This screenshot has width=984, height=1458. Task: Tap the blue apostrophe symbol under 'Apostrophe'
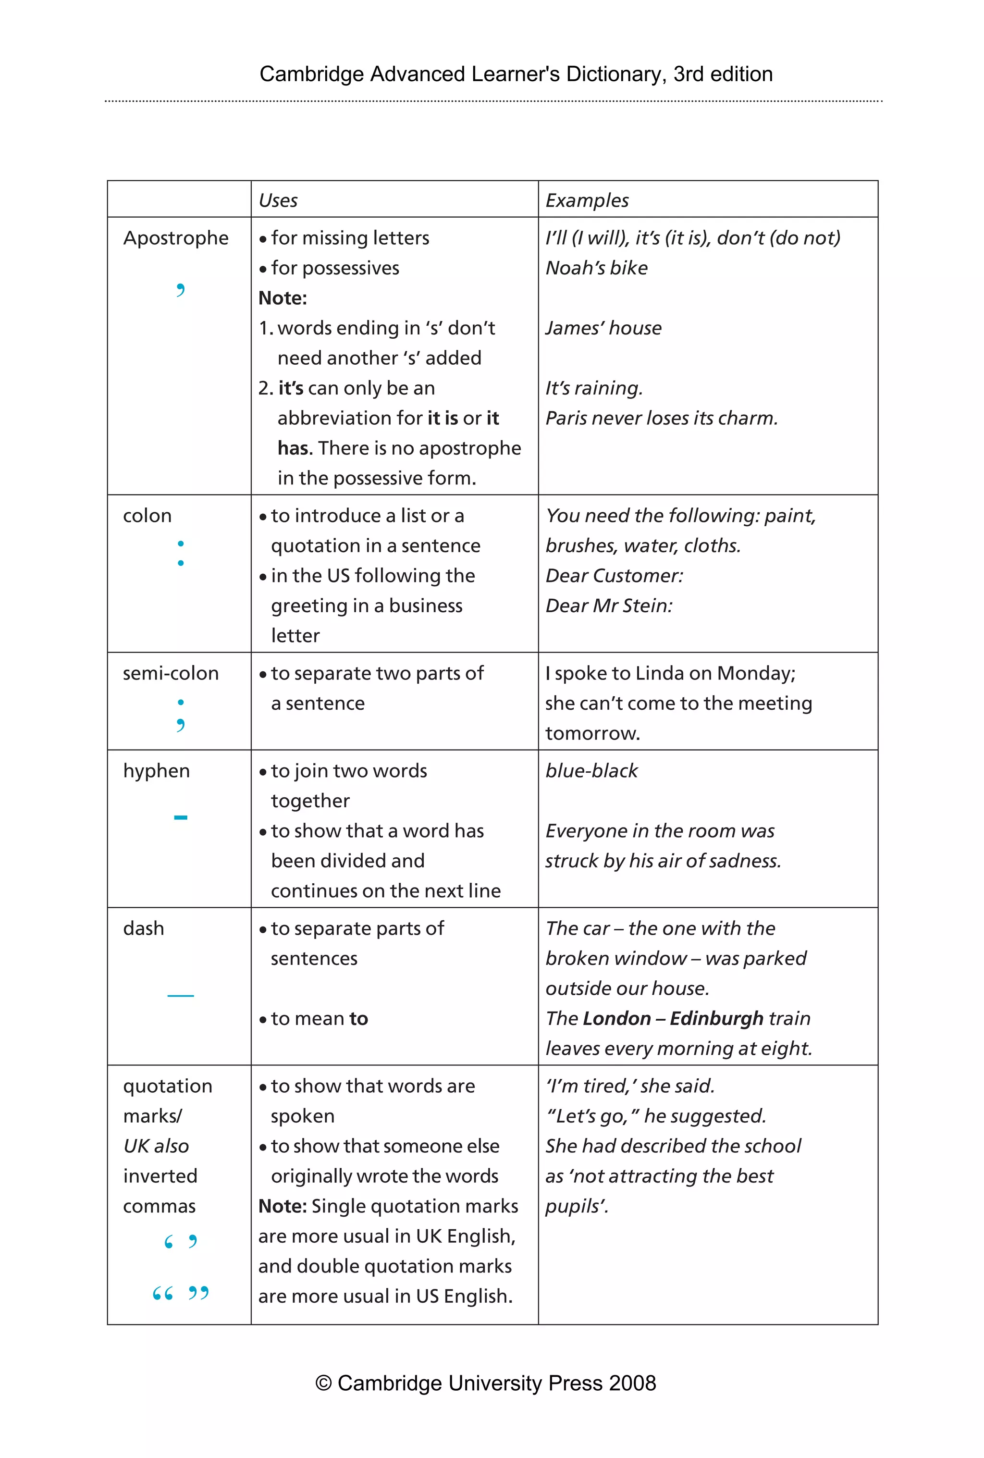pyautogui.click(x=181, y=290)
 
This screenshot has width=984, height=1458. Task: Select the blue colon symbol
pyautogui.click(x=181, y=553)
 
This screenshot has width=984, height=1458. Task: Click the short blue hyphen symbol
pyautogui.click(x=181, y=817)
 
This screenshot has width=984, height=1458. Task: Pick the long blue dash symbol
pyautogui.click(x=181, y=996)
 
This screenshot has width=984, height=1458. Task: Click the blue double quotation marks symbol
pyautogui.click(x=181, y=1293)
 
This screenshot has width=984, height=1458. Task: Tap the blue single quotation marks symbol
pyautogui.click(x=181, y=1242)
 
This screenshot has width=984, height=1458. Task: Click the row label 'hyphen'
pyautogui.click(x=156, y=771)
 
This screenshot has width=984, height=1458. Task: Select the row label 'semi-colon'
pyautogui.click(x=171, y=674)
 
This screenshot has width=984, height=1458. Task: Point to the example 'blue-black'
pyautogui.click(x=591, y=771)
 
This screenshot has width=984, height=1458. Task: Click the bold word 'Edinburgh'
pyautogui.click(x=716, y=1019)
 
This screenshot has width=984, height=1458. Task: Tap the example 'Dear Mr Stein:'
pyautogui.click(x=609, y=606)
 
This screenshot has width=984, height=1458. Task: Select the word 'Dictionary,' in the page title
pyautogui.click(x=613, y=74)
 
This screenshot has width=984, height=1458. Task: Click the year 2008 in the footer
pyautogui.click(x=631, y=1384)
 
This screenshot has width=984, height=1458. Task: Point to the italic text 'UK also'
pyautogui.click(x=156, y=1146)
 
